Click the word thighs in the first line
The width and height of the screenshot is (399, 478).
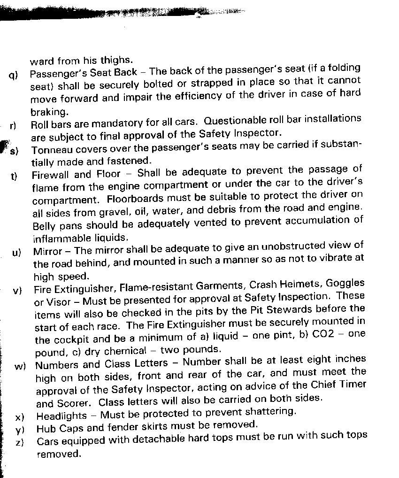[x=117, y=61]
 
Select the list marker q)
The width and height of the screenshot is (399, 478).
[x=13, y=75]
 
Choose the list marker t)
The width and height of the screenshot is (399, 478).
[x=14, y=176]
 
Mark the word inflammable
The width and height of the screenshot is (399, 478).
[x=61, y=238]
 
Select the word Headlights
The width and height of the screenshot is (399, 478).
[x=61, y=416]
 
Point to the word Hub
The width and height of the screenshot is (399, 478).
[x=45, y=429]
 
